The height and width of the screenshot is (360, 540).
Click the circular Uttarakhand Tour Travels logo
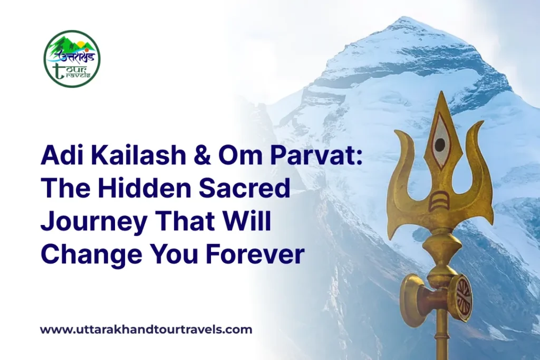[72, 59]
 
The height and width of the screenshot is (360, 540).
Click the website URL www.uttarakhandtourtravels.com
[146, 330]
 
